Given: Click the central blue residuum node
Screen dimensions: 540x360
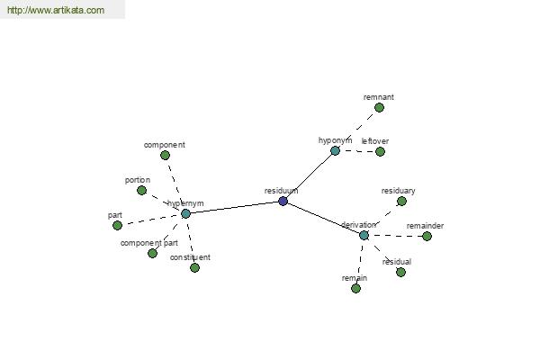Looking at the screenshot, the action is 283,202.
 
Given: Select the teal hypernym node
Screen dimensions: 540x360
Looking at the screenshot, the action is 185,213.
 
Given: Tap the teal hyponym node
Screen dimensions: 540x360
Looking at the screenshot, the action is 335,150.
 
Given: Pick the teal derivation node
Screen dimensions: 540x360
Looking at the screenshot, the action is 364,236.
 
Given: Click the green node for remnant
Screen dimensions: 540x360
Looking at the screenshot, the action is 379,108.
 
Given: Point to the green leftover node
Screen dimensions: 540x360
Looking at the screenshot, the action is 380,151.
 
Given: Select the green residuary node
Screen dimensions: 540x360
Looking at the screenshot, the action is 401,202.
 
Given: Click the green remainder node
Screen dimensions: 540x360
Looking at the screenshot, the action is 427,237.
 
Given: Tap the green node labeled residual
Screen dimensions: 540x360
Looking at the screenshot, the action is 400,272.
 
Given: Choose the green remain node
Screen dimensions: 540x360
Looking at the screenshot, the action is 355,288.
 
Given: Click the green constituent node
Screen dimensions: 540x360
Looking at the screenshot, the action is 194,267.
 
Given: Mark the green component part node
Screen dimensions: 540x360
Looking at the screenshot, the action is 152,254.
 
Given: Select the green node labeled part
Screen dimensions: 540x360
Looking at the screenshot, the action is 117,226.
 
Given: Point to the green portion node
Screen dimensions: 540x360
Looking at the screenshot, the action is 141,191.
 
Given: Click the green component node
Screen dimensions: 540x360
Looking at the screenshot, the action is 165,156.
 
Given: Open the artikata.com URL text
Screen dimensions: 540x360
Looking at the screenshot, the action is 56,10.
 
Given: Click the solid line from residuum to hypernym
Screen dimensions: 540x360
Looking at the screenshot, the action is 234,207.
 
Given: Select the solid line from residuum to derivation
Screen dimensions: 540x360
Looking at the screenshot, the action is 323,219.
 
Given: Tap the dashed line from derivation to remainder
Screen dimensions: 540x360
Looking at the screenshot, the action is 395,236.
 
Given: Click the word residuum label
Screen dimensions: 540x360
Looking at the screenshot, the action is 281,191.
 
